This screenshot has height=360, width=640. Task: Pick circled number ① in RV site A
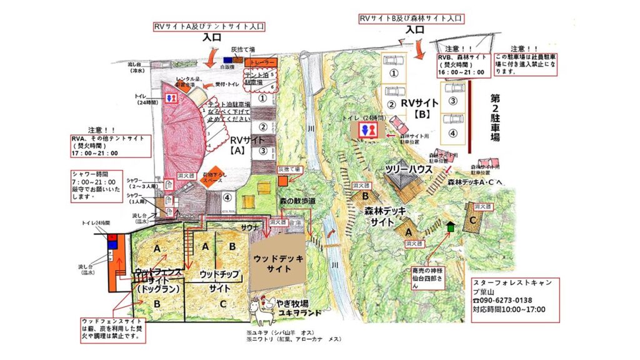pyautogui.click(x=263, y=98)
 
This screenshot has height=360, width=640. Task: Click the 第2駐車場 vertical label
pyautogui.click(x=495, y=118)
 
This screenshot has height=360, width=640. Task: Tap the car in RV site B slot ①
pyautogui.click(x=394, y=61)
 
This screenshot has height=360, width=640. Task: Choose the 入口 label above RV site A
pyautogui.click(x=212, y=37)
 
